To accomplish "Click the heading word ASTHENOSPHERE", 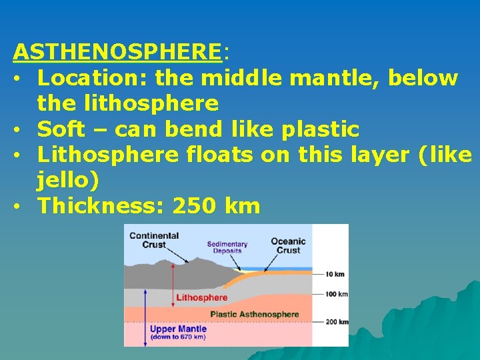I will (x=117, y=51).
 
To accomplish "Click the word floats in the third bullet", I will (x=219, y=154).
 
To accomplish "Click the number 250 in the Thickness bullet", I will (x=194, y=206).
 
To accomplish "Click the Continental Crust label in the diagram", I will (x=154, y=239).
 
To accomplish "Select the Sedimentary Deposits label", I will (x=227, y=247).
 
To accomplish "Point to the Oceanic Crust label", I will (x=288, y=245).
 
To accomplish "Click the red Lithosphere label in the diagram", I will (x=201, y=297).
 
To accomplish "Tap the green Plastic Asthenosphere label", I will (x=255, y=314).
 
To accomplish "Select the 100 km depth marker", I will (x=335, y=293).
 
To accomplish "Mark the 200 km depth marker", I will (x=335, y=321).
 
